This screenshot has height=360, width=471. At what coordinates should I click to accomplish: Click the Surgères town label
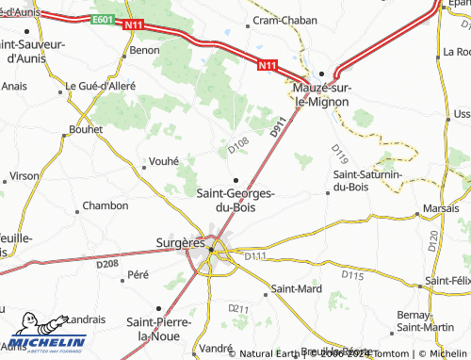click(179, 243)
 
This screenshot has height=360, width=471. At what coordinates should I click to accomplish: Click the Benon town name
click(145, 50)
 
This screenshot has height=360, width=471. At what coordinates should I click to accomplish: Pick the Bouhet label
click(85, 130)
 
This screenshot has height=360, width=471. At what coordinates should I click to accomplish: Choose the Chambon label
click(106, 205)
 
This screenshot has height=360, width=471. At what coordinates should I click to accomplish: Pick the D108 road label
click(238, 146)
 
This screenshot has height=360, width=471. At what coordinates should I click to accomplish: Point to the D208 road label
click(106, 265)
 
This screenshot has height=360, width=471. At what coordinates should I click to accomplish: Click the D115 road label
click(352, 275)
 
